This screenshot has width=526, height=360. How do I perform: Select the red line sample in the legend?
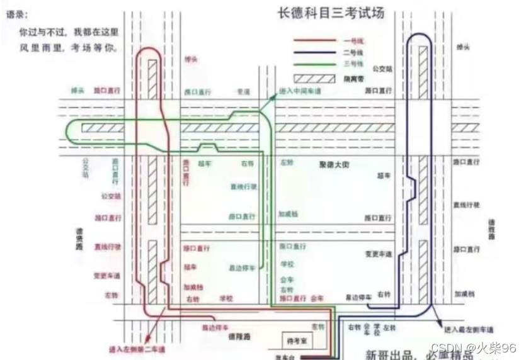[315, 41]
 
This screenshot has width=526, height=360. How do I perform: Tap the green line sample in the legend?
[315, 64]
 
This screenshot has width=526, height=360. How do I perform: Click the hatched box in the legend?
[315, 78]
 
